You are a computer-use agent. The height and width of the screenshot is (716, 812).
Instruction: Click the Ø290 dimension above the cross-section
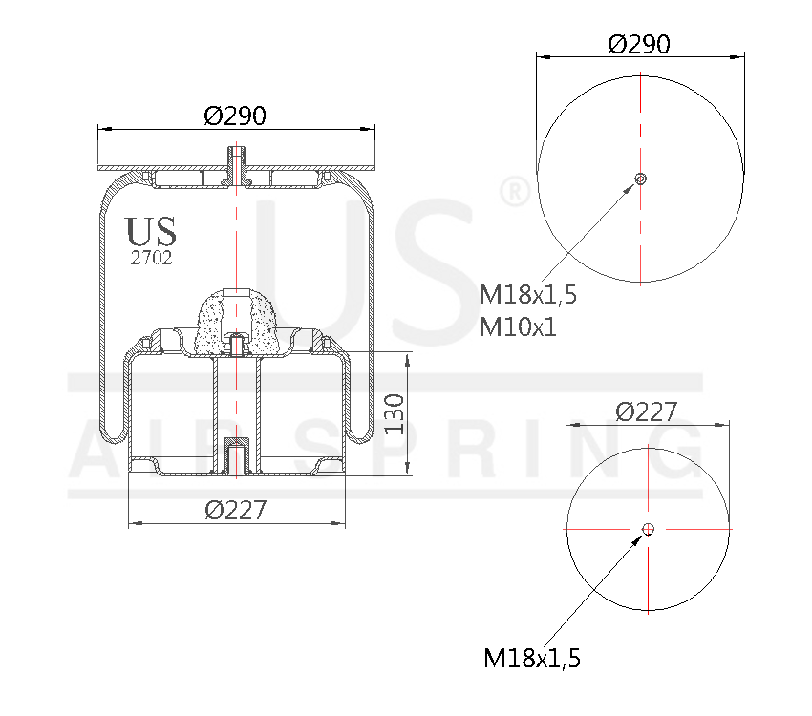coord(234,116)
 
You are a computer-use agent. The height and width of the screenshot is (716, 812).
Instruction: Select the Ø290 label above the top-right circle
coord(639,44)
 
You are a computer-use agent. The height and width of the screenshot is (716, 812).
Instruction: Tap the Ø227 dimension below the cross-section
coord(235,510)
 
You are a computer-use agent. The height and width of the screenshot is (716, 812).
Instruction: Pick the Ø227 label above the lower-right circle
coord(647,411)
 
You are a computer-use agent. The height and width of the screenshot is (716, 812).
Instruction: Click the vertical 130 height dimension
coord(396,413)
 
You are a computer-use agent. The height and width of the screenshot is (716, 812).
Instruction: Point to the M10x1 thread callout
coord(518,326)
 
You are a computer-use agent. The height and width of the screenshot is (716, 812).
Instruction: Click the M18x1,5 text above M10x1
coord(528,294)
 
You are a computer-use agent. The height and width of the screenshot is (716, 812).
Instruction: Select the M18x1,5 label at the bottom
coord(532,657)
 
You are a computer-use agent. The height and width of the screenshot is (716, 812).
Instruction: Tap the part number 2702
coord(151,258)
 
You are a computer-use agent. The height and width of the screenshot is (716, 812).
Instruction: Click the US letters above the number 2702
coord(151,231)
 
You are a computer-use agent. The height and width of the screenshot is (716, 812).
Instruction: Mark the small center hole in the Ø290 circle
coord(640,179)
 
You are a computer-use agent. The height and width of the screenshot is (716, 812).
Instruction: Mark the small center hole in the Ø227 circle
coord(648,529)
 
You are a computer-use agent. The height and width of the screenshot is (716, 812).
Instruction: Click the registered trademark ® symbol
coord(514,191)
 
